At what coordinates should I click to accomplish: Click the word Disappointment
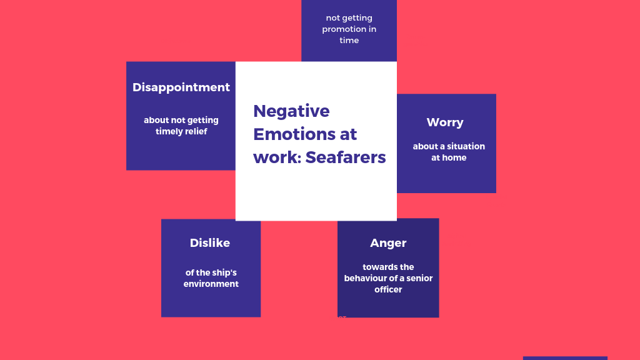coord(181,87)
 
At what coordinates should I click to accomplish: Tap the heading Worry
coord(445,122)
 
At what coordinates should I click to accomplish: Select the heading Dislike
coord(210,243)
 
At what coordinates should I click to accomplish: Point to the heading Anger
coord(388,244)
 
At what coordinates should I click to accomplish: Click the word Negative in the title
coord(291,111)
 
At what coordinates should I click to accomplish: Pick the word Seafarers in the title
coord(345,157)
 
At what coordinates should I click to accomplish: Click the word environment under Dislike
coord(211,284)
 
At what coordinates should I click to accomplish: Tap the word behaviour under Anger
coord(366,278)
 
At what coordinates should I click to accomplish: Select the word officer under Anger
coord(388,289)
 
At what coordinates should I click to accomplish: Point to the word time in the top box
coord(349,41)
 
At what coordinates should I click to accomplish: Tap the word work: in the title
coord(277,157)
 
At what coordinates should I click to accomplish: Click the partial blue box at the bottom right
coord(565,358)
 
